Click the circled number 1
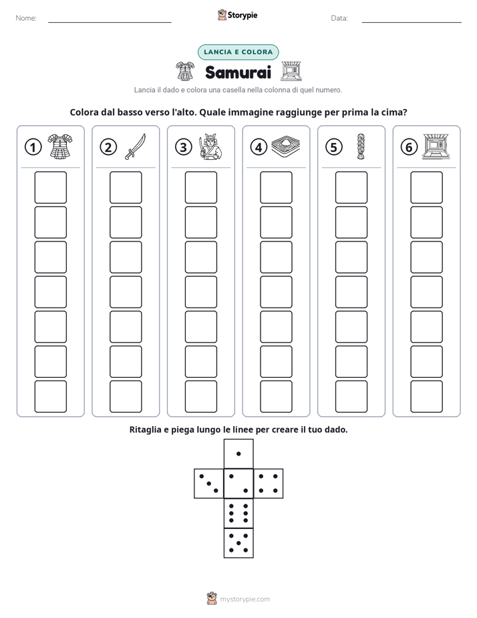click(33, 147)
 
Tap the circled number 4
click(259, 147)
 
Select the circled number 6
click(409, 147)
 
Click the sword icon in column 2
click(136, 146)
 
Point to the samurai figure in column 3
click(210, 146)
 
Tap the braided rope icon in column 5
click(361, 146)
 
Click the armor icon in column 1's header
click(60, 146)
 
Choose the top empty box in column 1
click(50, 187)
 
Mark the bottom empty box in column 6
click(426, 397)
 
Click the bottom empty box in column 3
click(200, 397)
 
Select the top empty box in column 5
click(351, 187)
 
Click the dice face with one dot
click(238, 453)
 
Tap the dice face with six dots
click(238, 513)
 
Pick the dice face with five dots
click(238, 543)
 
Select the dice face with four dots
click(269, 484)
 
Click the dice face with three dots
click(209, 484)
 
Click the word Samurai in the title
click(238, 72)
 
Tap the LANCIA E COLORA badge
click(238, 52)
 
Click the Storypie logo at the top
click(237, 15)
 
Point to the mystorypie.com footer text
click(245, 599)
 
